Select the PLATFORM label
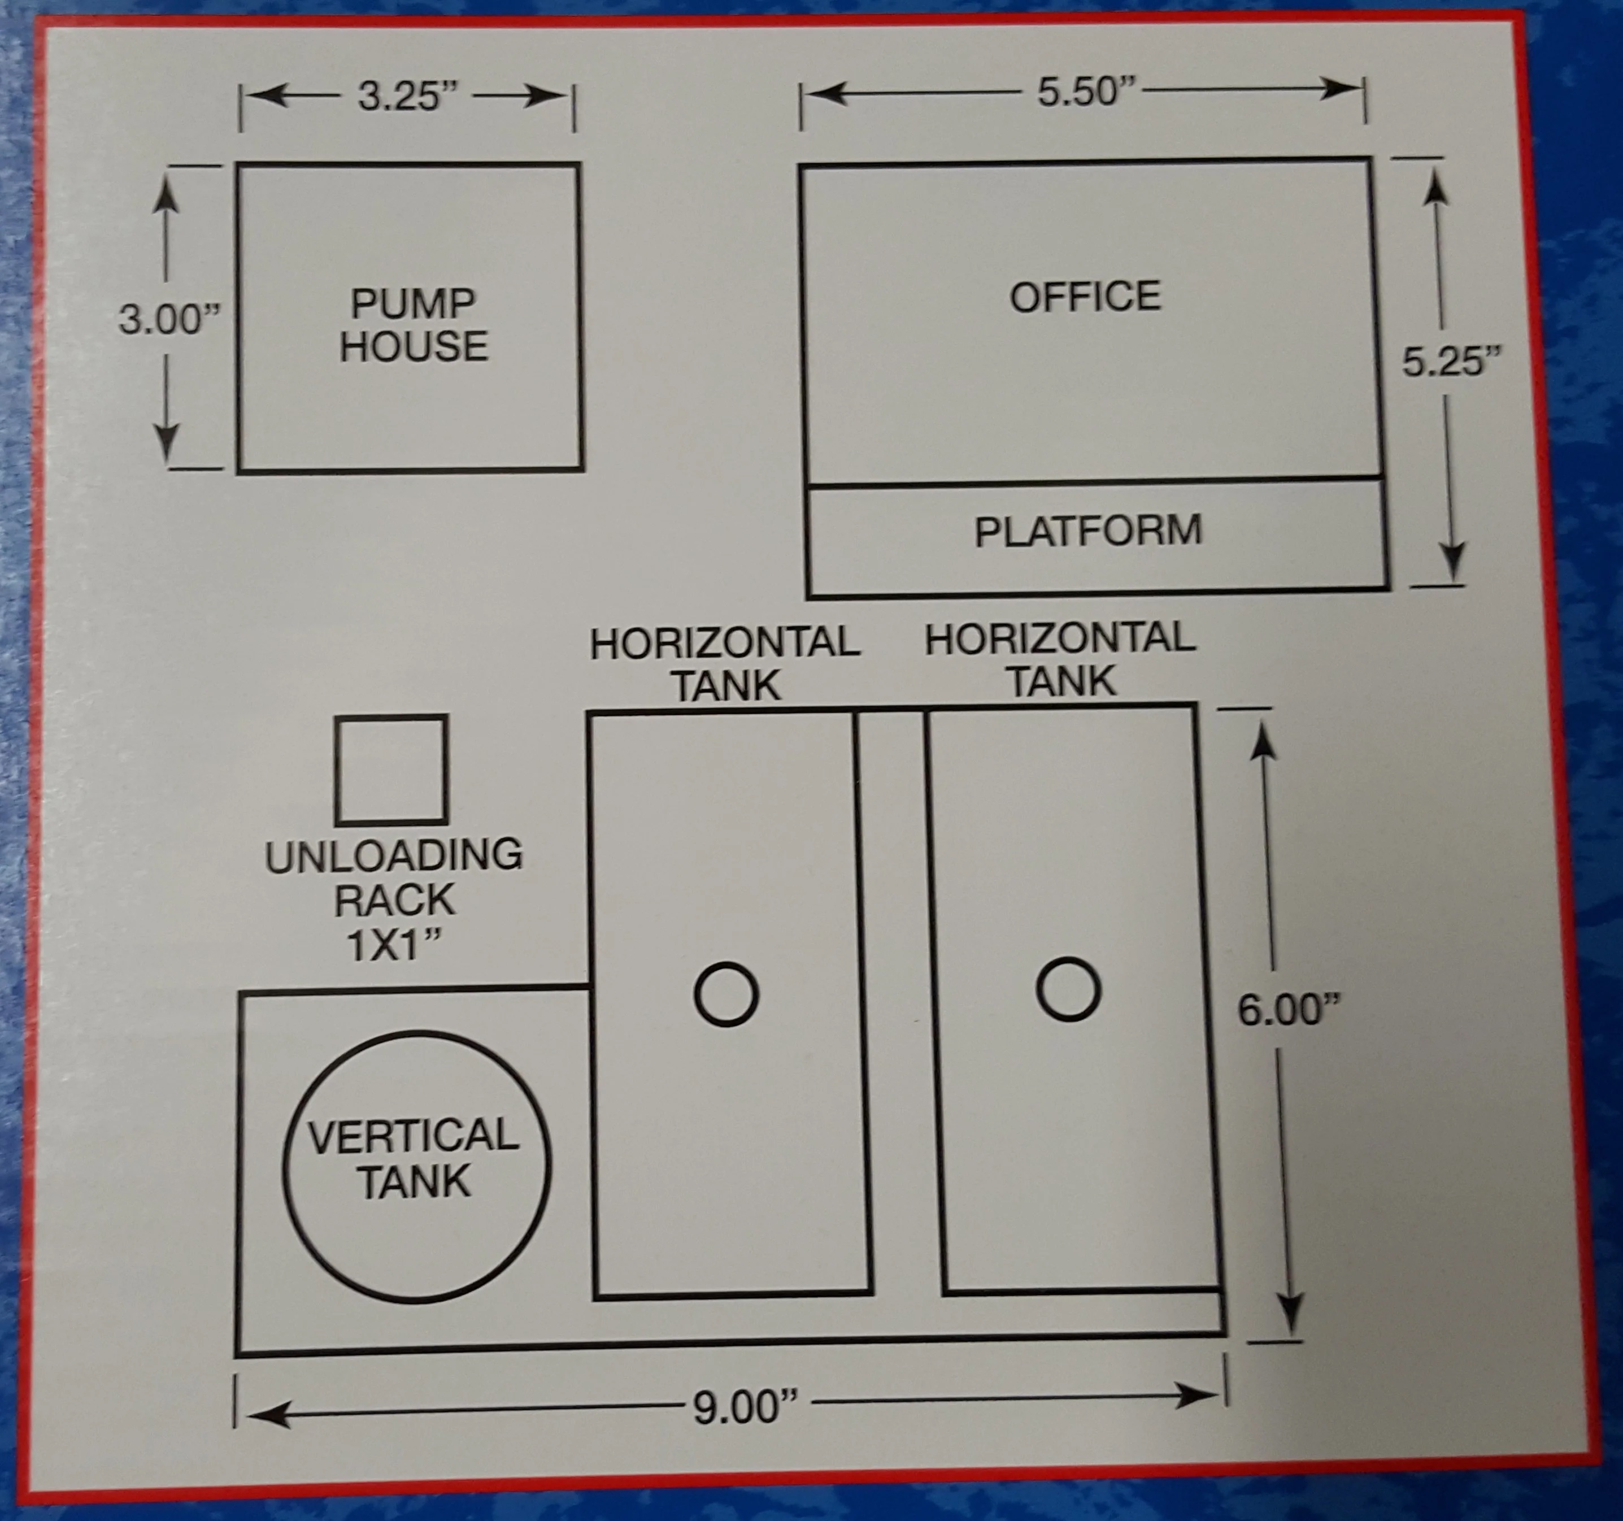[x=1088, y=531]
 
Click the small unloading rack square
[x=391, y=770]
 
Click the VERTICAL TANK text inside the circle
[x=415, y=1158]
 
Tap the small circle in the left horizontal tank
[x=726, y=994]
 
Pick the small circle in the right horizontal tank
[x=1069, y=989]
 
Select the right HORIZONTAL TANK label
[x=1060, y=660]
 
